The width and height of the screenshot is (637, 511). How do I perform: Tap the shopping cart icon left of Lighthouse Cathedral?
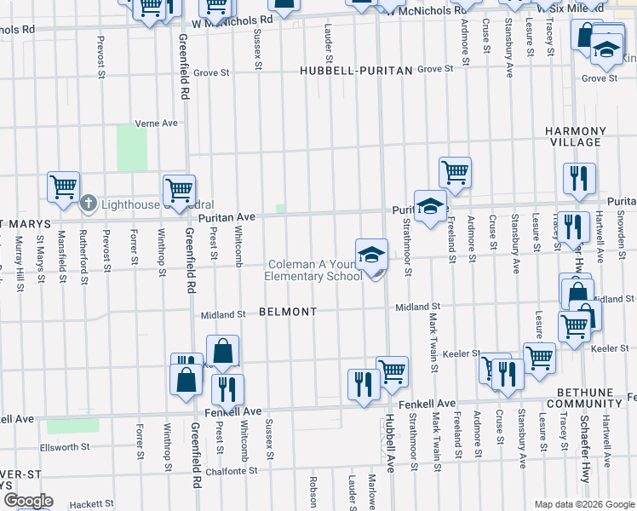point(63,187)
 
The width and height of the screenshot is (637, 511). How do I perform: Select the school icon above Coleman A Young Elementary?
point(371,255)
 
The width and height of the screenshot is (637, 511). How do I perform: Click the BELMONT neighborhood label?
point(288,313)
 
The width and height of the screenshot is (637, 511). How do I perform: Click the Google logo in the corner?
point(28,501)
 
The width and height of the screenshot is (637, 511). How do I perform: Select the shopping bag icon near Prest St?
point(222,350)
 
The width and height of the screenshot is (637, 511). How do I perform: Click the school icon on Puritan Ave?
point(431,205)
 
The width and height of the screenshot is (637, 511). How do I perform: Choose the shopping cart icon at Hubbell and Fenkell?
point(392,370)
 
